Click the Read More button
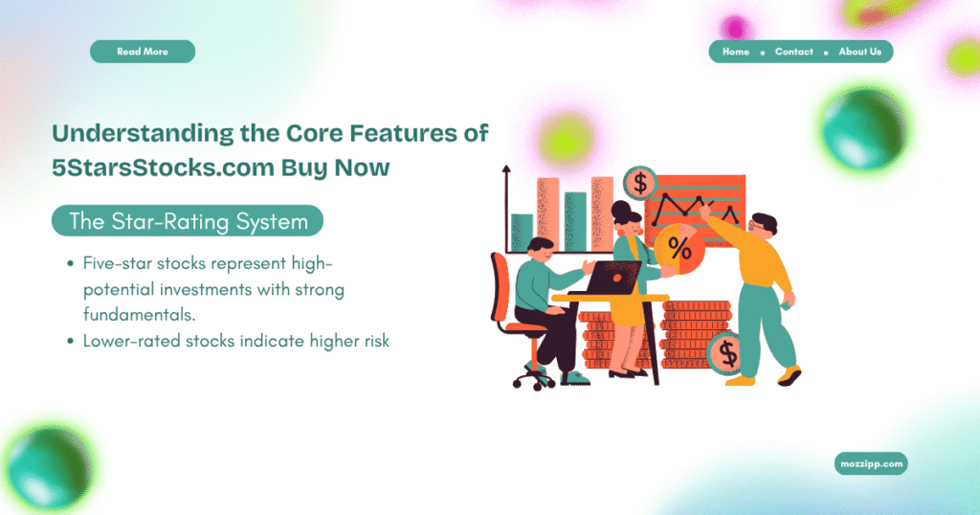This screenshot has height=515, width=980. (143, 52)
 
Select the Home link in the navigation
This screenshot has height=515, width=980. (736, 52)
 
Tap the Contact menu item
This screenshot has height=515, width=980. (793, 52)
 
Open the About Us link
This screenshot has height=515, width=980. (859, 52)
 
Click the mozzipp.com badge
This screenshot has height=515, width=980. (871, 463)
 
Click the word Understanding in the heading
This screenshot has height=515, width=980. (135, 134)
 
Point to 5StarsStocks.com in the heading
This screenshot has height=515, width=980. (163, 168)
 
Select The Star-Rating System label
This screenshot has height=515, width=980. (188, 220)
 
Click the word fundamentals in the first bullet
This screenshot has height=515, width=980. (139, 314)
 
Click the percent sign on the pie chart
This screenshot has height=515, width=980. (679, 250)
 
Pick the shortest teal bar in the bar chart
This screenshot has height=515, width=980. (522, 233)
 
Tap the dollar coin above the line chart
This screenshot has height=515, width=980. (640, 183)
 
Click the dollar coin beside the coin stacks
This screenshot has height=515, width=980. (725, 353)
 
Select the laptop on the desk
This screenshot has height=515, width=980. (612, 278)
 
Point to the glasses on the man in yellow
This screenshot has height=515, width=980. (755, 226)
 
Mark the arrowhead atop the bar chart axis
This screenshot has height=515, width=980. (506, 169)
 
